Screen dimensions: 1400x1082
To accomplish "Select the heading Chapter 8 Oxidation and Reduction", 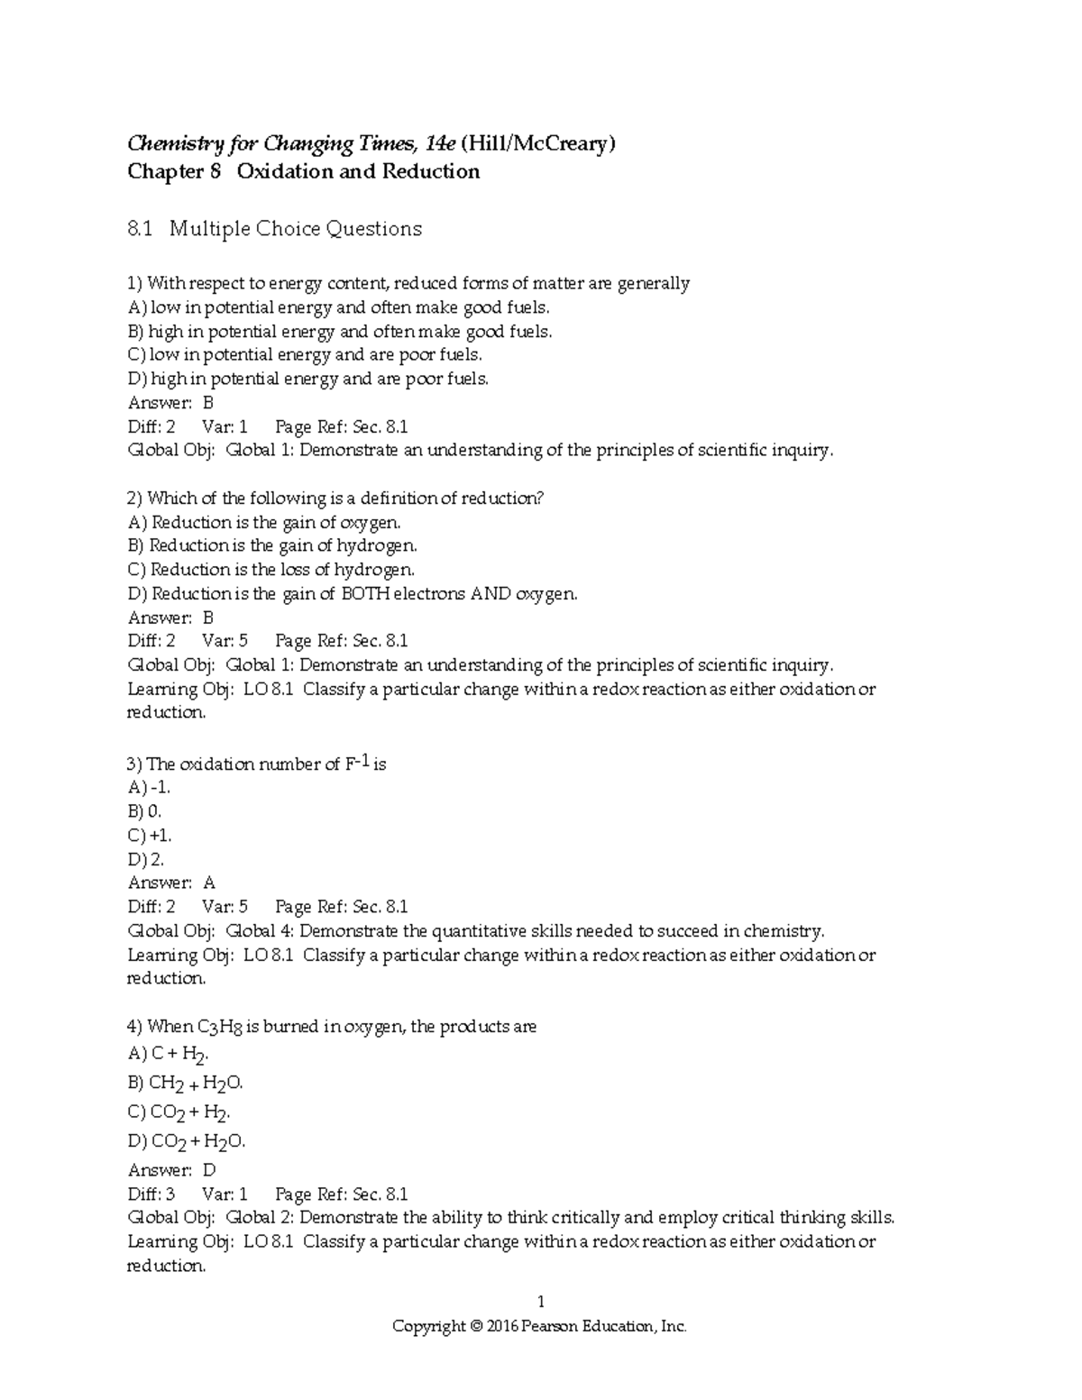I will point(304,172).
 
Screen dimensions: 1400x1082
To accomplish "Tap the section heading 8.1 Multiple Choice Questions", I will point(275,229).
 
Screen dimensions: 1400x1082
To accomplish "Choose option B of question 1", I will point(340,332).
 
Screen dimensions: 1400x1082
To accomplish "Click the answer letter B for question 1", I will point(207,403).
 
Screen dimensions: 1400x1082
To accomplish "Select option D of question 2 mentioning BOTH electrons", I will point(353,594).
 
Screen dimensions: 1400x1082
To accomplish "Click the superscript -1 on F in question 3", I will point(364,760).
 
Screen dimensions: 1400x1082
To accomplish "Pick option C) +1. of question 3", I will point(150,836).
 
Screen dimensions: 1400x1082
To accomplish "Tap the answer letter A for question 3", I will point(208,883).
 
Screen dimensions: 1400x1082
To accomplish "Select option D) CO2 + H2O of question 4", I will point(187,1142).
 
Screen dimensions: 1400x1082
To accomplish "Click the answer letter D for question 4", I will point(208,1171).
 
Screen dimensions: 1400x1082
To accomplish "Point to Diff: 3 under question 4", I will point(151,1194).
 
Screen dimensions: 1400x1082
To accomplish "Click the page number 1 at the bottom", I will point(541,1302).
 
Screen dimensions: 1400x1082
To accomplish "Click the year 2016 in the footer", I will point(503,1327).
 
